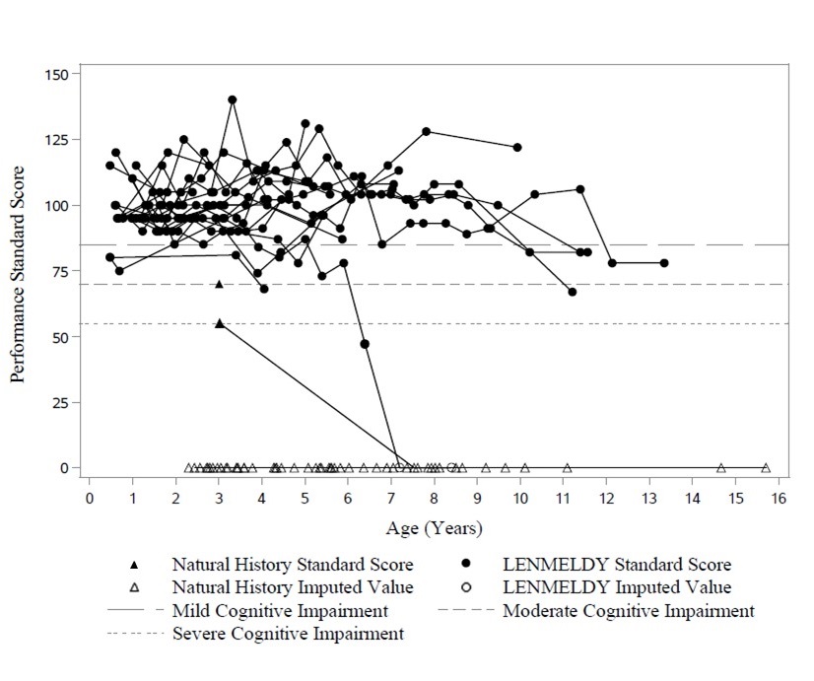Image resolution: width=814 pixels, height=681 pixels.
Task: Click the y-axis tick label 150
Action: pos(55,74)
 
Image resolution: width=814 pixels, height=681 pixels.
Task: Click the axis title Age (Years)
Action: pos(434,528)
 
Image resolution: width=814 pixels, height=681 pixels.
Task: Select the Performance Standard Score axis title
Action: pos(18,271)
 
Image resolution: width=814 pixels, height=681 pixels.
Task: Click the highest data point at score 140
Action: pos(233,100)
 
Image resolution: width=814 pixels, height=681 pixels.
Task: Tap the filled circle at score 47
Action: pos(365,344)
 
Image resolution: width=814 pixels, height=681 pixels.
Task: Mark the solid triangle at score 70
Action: pos(219,284)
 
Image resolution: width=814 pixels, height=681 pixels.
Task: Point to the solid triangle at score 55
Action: pos(219,323)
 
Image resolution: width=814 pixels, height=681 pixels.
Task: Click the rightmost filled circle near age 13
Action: pos(664,263)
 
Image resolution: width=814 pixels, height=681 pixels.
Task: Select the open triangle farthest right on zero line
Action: pos(766,468)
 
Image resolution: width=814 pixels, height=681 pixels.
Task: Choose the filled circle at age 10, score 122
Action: pos(517,147)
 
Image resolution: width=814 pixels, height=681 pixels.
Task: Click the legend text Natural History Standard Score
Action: pos(293,566)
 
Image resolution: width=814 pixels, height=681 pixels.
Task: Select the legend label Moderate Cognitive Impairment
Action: pos(629,611)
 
